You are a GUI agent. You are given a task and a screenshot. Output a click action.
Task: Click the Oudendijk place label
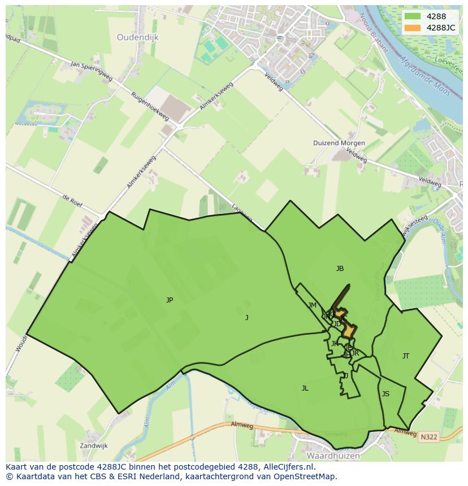coord(138,37)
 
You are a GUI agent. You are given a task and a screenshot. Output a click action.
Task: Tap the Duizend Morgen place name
coord(339,143)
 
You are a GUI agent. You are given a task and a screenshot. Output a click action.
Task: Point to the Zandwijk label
coord(93,445)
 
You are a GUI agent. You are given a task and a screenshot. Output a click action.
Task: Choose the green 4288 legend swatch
coord(413,16)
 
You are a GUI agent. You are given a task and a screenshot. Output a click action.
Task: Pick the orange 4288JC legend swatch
coord(413,28)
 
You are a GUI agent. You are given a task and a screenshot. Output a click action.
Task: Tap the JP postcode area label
coord(170,300)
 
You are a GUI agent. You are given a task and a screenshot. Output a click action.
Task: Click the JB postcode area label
coord(340,269)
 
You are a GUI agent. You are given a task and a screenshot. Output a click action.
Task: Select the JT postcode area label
coord(406,356)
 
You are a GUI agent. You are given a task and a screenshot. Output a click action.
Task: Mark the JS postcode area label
coord(385,394)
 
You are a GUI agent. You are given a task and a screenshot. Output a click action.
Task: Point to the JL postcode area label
coord(305,388)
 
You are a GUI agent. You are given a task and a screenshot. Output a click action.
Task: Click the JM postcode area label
coord(313,305)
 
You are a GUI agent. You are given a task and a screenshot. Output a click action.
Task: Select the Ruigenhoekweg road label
coord(149,106)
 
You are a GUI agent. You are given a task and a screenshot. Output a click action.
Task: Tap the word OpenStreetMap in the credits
coord(307,476)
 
